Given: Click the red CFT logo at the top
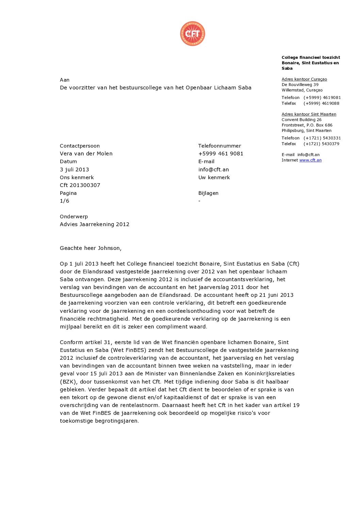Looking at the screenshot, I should click(x=193, y=34).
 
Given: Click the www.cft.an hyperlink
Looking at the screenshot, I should click(x=310, y=160).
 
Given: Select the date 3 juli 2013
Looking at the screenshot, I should click(x=75, y=169).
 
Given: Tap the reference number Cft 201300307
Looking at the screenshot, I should click(x=80, y=185).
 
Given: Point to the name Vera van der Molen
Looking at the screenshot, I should click(x=86, y=153).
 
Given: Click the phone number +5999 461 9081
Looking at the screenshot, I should click(x=221, y=153).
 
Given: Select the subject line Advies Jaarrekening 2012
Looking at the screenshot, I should click(x=95, y=224).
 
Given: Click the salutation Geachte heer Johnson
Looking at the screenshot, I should click(x=91, y=248).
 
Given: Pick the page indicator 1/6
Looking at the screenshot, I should click(x=64, y=201).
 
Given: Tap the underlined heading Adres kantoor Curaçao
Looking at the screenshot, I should click(x=304, y=79).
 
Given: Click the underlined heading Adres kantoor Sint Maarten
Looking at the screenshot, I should click(x=309, y=114).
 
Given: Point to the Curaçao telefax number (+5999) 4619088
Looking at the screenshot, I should click(x=321, y=103).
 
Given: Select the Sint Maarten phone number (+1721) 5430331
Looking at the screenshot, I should click(x=322, y=138).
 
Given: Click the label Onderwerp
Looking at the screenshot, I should click(x=74, y=216).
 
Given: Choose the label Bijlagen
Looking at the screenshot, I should click(x=208, y=193).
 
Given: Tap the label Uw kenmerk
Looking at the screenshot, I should click(x=214, y=177).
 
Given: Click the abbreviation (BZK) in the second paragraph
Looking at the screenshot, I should click(x=68, y=381).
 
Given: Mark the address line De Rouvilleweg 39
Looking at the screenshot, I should click(x=300, y=85).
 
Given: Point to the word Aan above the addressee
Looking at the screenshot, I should click(x=65, y=80).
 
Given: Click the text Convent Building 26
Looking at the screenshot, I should click(x=301, y=120).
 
